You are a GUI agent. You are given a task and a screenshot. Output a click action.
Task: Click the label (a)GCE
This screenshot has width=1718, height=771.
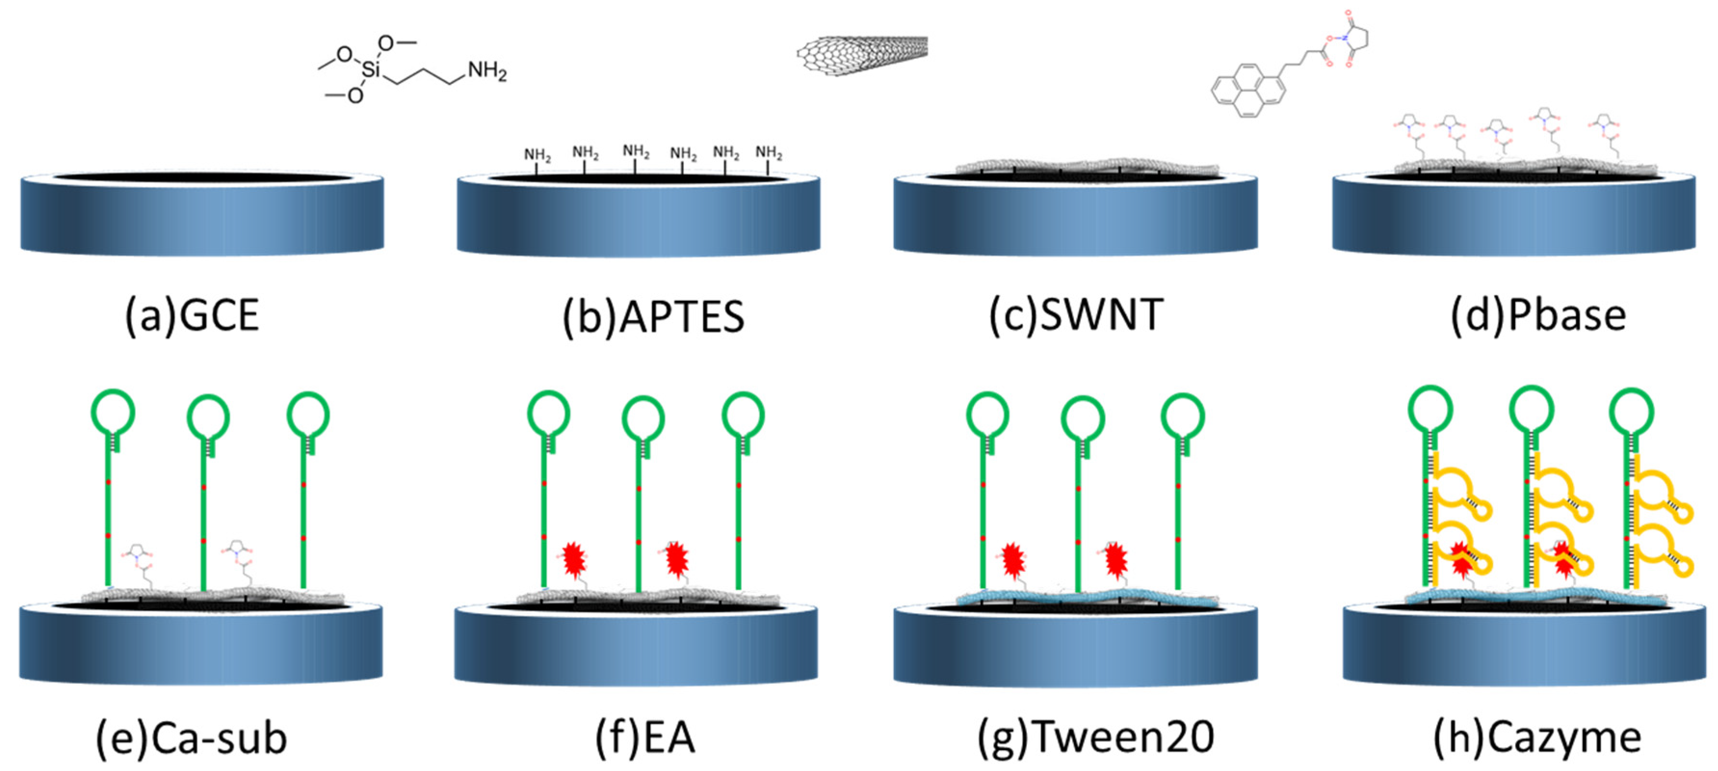pyautogui.click(x=192, y=315)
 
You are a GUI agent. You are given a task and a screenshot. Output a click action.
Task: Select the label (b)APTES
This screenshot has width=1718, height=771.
pyautogui.click(x=654, y=317)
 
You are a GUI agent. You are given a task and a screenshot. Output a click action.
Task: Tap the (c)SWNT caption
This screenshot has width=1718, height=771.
pyautogui.click(x=1076, y=315)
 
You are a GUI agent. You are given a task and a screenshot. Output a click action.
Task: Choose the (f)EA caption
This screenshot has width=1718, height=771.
pyautogui.click(x=645, y=738)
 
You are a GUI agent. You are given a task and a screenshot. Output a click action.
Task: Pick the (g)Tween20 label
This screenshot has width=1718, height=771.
pyautogui.click(x=1095, y=738)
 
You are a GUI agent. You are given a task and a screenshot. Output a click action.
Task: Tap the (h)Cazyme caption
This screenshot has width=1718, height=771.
pyautogui.click(x=1537, y=738)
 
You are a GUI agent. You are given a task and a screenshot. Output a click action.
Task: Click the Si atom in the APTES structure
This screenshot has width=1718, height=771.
pyautogui.click(x=371, y=69)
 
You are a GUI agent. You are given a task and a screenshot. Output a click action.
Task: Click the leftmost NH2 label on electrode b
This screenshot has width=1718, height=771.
pyautogui.click(x=537, y=155)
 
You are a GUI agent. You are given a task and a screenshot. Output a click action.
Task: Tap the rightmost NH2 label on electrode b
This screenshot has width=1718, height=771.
pyautogui.click(x=768, y=153)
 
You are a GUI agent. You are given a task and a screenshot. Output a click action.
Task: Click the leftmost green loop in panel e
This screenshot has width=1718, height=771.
pyautogui.click(x=113, y=412)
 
